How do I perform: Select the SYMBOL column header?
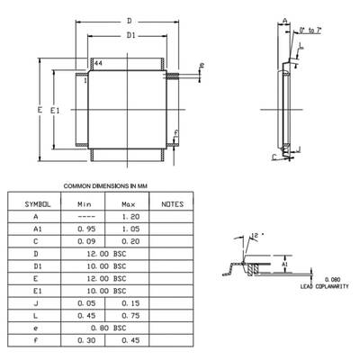[36, 204]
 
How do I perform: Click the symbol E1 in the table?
[36, 292]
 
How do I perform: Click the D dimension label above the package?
[130, 19]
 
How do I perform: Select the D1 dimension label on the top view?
[130, 36]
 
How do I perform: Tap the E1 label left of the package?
[55, 109]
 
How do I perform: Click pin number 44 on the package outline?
[98, 66]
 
